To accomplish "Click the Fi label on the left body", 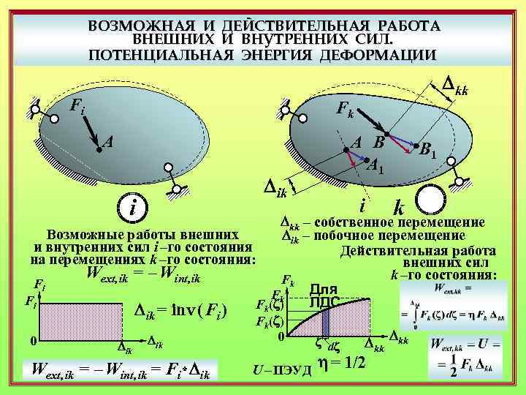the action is pos(76,107).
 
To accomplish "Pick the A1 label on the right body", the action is pos(376,166).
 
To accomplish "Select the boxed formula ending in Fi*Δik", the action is pos(117,373).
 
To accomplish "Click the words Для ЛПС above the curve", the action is pos(324,295).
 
